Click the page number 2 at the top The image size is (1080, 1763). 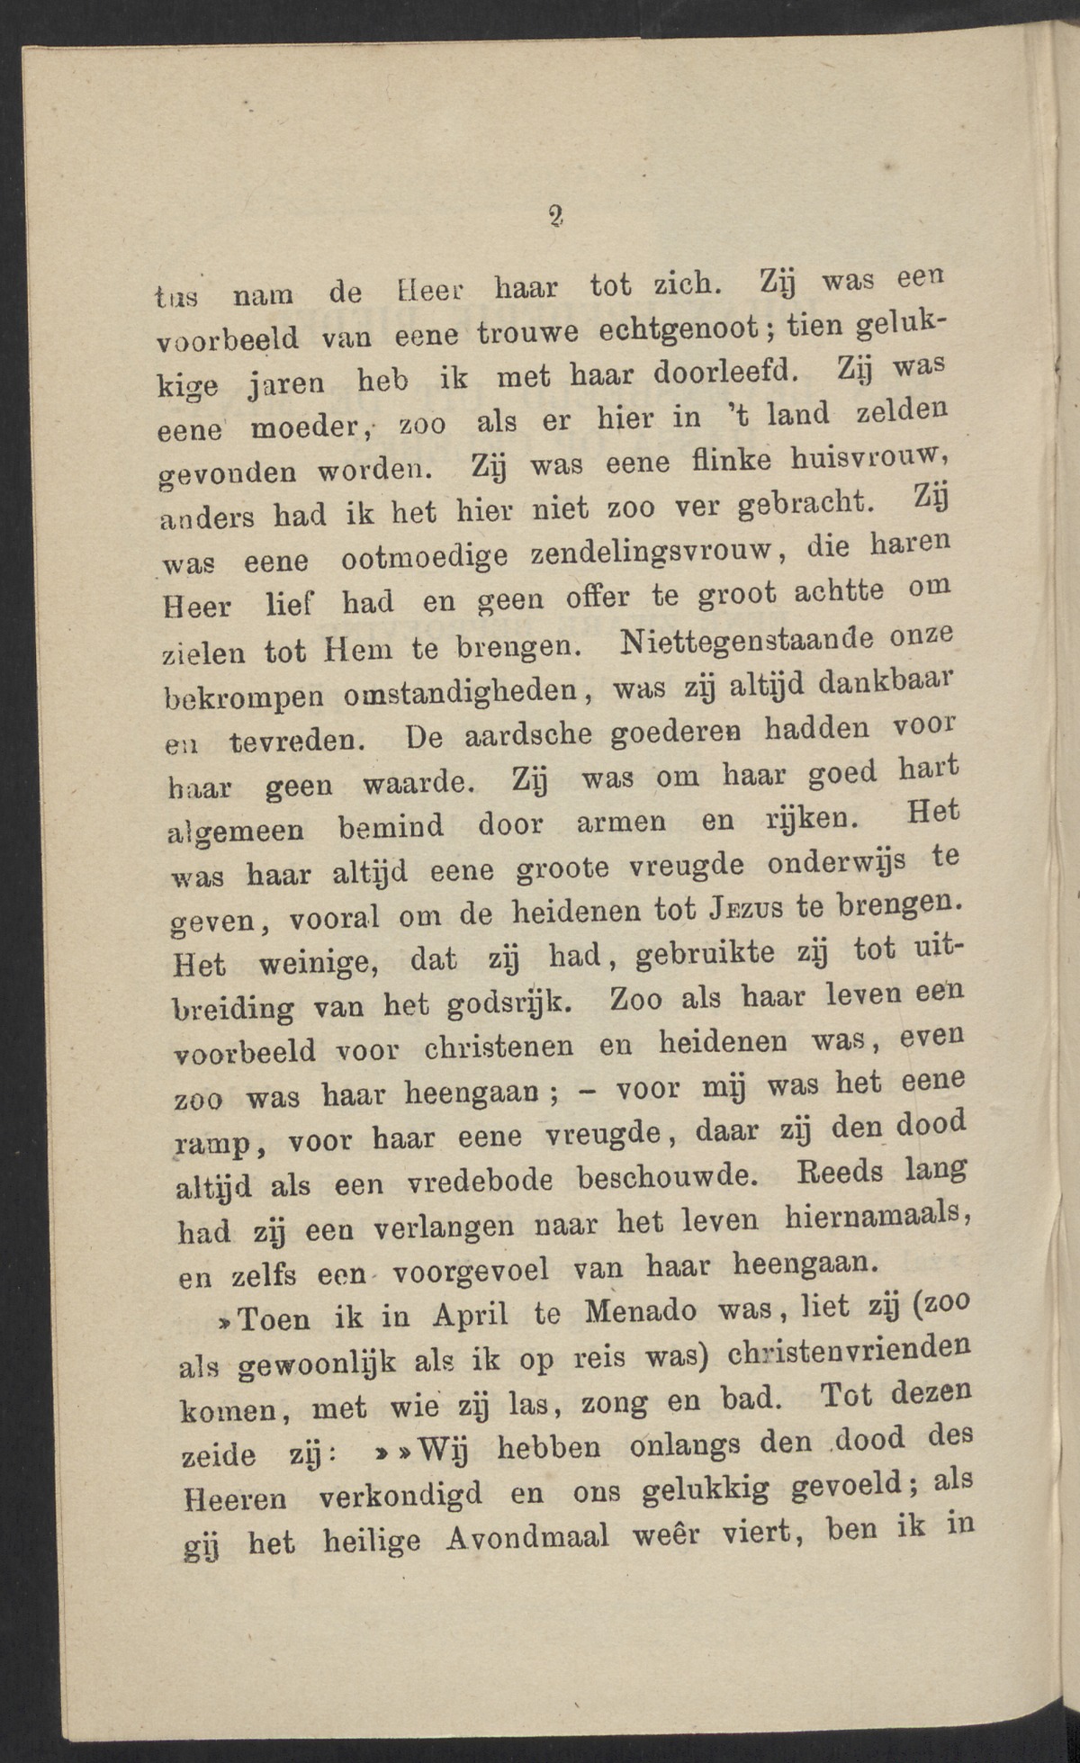(555, 214)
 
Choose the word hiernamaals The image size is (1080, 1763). (875, 1216)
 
